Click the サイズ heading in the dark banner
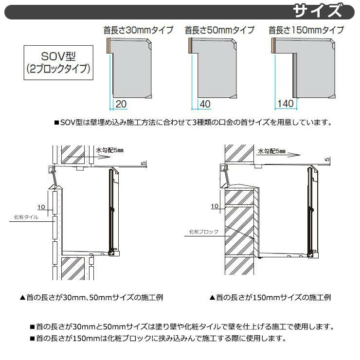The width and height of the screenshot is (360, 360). (x=318, y=11)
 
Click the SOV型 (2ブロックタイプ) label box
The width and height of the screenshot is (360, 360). (x=58, y=63)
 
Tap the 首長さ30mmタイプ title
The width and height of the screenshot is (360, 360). (x=139, y=30)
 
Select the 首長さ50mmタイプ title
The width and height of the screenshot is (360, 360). (x=220, y=30)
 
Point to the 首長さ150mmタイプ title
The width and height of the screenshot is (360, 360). (x=306, y=30)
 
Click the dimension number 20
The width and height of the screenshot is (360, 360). (x=121, y=104)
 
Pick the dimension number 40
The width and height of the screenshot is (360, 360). (x=205, y=104)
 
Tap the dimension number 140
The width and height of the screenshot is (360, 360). (x=286, y=104)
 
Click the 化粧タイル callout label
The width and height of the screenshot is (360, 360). (x=26, y=217)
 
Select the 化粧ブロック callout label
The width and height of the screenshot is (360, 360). (x=204, y=232)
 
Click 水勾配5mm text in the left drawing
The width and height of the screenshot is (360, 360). (x=110, y=150)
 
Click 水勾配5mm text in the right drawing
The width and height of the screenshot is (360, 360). (x=271, y=151)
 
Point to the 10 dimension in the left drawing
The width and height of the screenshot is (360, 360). (x=41, y=207)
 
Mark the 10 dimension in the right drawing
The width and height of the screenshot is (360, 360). (x=215, y=206)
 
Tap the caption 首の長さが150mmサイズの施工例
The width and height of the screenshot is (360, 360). (x=270, y=298)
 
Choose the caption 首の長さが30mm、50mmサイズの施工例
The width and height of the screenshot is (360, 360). (x=91, y=298)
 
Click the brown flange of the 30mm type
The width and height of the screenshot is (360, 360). (x=108, y=46)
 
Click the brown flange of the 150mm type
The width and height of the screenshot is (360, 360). (x=273, y=46)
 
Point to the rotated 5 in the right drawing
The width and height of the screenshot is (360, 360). (x=327, y=159)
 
